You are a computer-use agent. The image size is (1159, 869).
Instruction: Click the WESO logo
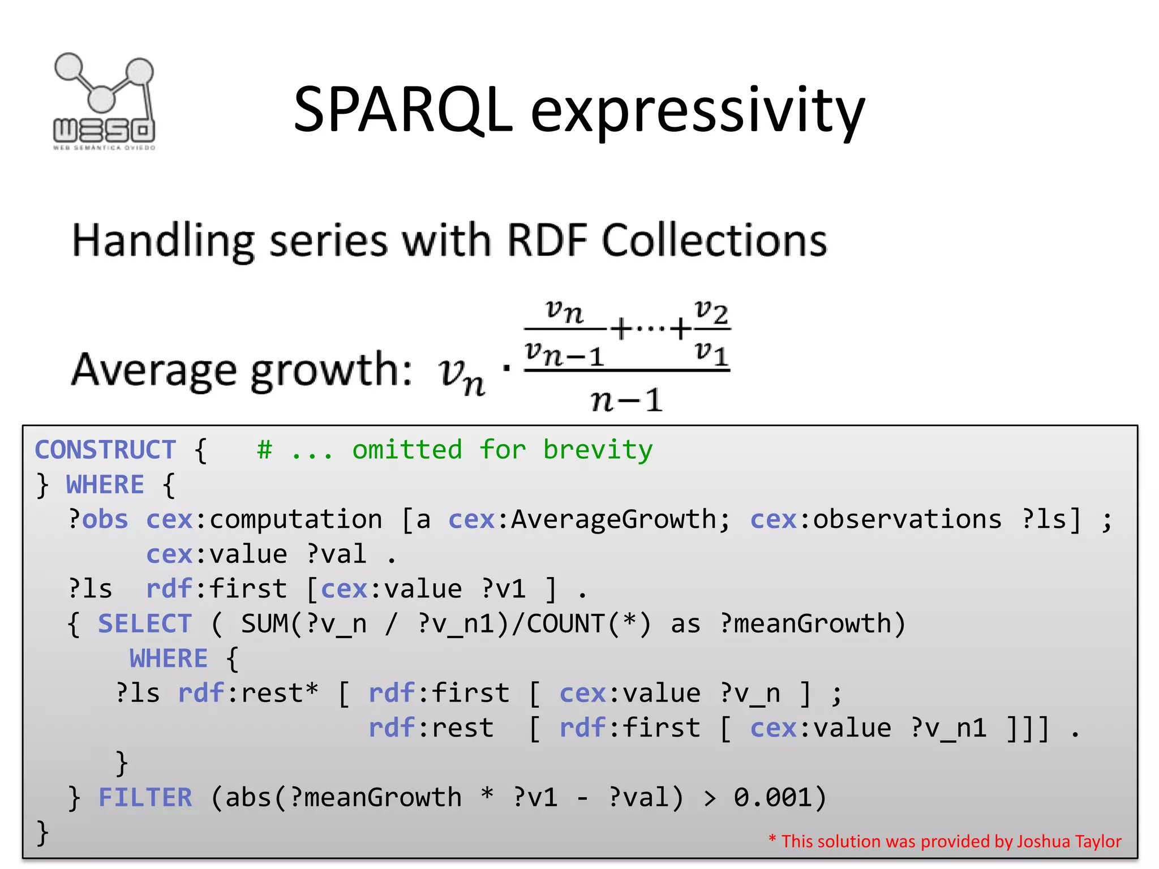[x=104, y=102]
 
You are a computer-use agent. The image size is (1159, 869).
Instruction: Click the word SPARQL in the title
[x=403, y=110]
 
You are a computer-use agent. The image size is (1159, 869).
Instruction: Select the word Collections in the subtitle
[x=714, y=241]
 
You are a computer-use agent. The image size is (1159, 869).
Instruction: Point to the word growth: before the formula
[x=331, y=371]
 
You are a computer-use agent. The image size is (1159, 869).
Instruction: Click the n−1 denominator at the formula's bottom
[x=626, y=400]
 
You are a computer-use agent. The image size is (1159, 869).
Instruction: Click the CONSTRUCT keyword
[x=105, y=450]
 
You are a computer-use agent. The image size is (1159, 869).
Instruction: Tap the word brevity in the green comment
[x=598, y=450]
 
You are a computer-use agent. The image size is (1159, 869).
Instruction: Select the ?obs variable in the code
[x=98, y=519]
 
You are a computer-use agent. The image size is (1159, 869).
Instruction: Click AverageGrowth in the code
[x=613, y=519]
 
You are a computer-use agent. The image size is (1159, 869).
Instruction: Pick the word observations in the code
[x=907, y=519]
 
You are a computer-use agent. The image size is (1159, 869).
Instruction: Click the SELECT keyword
[x=145, y=624]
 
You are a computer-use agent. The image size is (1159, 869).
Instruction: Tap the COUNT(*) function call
[x=589, y=624]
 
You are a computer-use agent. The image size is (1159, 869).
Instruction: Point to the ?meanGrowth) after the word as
[x=813, y=624]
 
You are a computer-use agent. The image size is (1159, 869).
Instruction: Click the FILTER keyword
[x=145, y=798]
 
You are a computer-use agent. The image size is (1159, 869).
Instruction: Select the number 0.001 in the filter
[x=773, y=798]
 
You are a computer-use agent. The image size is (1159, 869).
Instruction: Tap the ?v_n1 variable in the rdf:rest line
[x=948, y=728]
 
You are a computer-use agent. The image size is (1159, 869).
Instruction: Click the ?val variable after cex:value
[x=337, y=554]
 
